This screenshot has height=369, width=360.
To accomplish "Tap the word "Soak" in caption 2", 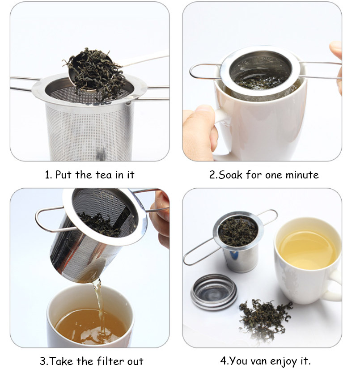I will click(231, 174).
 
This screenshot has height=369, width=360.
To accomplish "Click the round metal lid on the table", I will click(213, 292).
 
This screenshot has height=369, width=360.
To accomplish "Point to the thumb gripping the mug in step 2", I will click(199, 130).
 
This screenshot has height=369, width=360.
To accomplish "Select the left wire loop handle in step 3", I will click(49, 219).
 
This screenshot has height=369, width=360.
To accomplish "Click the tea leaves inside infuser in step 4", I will click(237, 231).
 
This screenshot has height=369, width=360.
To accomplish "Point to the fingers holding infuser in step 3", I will click(161, 219).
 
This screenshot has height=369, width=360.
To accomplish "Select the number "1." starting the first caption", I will click(48, 174).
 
